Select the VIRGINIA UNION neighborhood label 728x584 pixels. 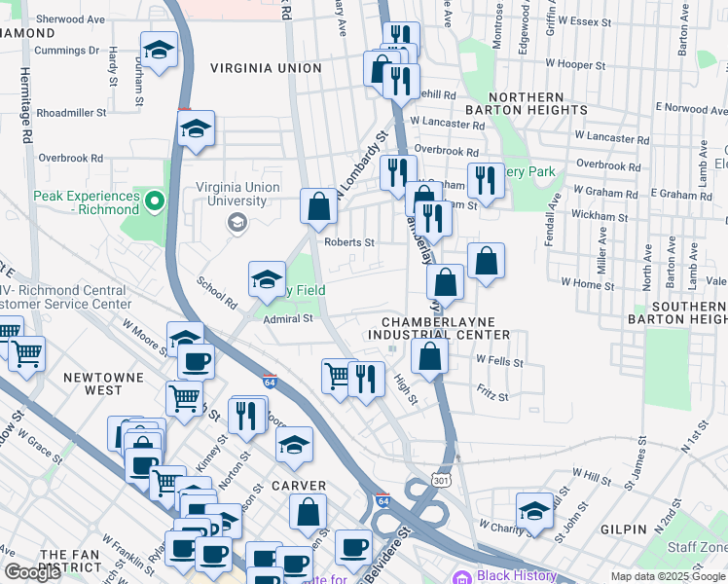click(265, 68)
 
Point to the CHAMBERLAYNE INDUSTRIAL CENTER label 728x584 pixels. click(445, 328)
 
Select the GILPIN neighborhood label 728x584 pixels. click(624, 529)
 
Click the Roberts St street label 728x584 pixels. click(349, 242)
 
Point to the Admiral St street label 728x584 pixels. click(288, 317)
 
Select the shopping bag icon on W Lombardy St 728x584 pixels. click(318, 206)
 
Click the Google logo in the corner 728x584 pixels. click(33, 572)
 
